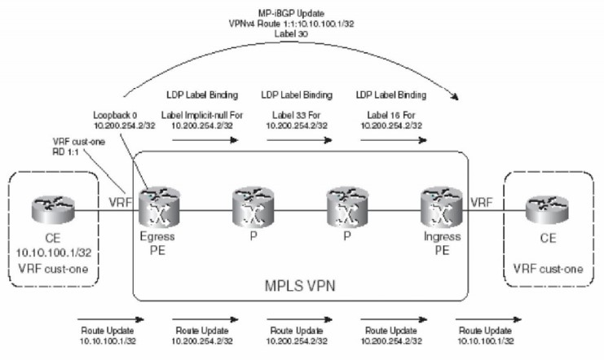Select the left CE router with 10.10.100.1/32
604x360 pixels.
pos(55,203)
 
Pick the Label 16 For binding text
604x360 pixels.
pos(393,116)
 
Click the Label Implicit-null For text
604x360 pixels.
pos(204,116)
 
